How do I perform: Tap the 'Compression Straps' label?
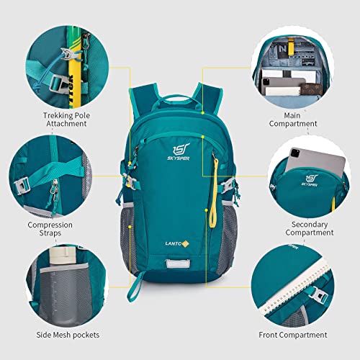[x=50, y=229]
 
